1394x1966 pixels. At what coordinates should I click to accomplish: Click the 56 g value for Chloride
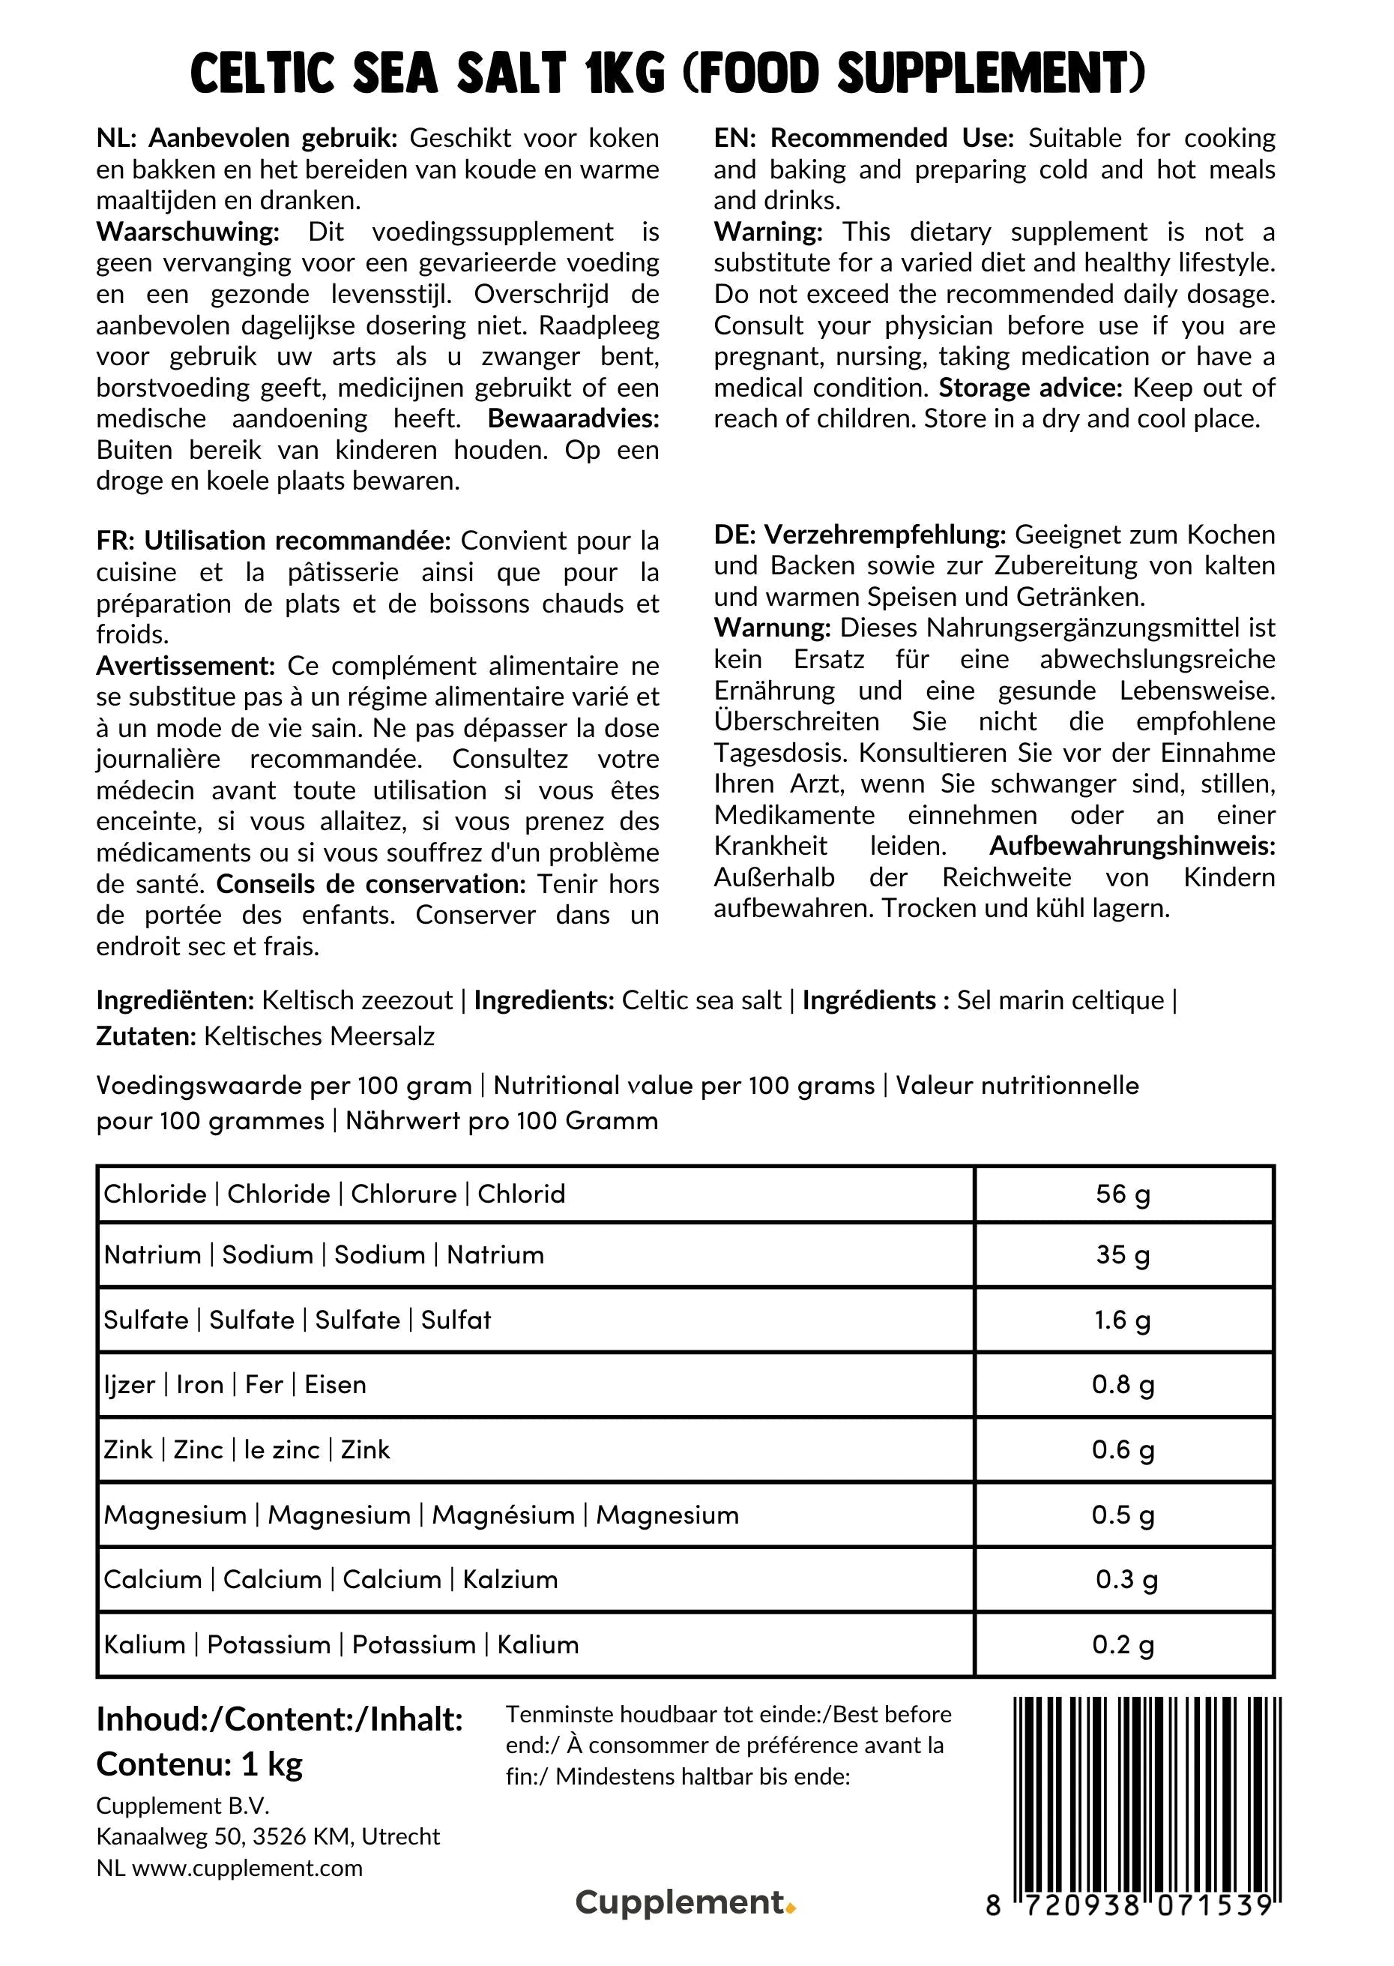point(1123,1194)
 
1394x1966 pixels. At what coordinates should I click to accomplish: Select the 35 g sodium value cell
point(1123,1255)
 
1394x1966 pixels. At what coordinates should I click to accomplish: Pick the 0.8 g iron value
point(1123,1385)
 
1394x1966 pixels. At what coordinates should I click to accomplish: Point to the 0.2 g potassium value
point(1123,1645)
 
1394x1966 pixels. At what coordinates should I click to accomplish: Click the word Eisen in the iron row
point(335,1385)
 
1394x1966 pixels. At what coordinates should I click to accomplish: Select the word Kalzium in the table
point(510,1580)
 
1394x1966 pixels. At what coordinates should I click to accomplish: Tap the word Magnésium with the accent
point(503,1515)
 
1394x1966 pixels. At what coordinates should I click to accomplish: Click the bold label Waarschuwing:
point(188,232)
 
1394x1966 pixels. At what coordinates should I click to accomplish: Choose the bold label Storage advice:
point(1030,388)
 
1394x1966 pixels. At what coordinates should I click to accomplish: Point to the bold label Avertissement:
point(185,667)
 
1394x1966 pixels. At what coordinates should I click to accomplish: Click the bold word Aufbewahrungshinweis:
point(1132,847)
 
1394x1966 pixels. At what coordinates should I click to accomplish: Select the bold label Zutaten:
point(146,1036)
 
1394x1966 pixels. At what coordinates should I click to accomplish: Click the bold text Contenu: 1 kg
point(199,1764)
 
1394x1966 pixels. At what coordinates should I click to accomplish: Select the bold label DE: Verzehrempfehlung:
point(859,535)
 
